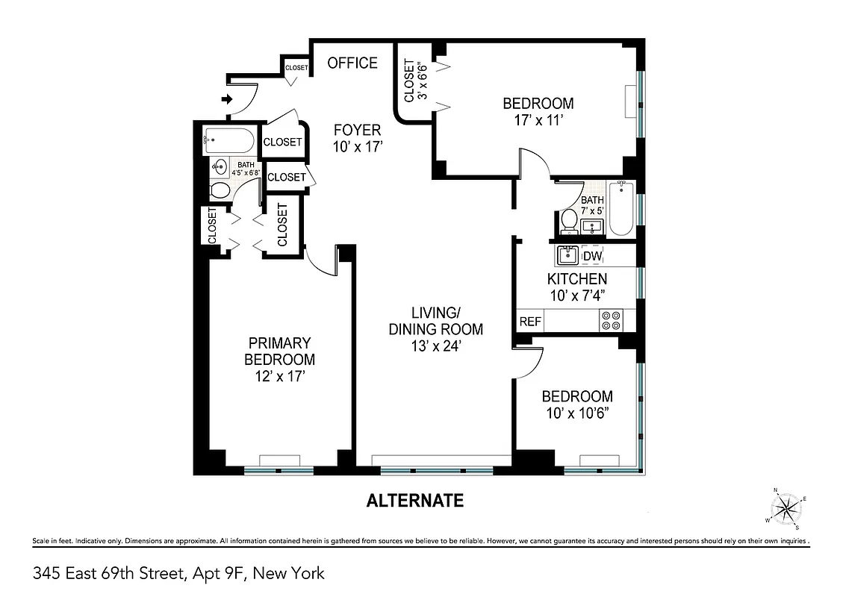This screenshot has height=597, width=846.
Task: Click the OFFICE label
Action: click(352, 63)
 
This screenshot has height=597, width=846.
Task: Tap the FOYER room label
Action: click(357, 130)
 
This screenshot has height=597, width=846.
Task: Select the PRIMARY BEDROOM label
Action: click(279, 351)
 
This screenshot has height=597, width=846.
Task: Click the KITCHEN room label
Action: click(577, 279)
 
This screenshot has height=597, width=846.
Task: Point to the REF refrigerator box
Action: click(530, 322)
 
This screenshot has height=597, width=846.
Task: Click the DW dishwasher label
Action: click(592, 257)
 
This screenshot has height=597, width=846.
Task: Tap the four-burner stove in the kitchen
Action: click(610, 321)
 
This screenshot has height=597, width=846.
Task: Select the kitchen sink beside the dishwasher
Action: click(567, 256)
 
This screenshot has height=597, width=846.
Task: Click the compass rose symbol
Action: click(786, 510)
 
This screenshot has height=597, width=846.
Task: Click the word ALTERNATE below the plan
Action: click(414, 501)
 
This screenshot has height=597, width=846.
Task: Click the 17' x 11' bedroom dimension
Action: click(538, 119)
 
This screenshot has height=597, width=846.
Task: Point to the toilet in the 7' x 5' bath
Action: click(569, 220)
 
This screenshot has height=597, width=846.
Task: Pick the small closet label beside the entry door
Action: click(296, 68)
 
